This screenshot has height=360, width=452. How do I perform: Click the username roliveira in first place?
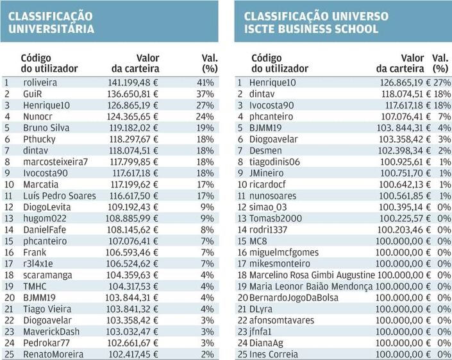[x=40, y=82]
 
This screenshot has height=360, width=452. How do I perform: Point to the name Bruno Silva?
[x=46, y=128]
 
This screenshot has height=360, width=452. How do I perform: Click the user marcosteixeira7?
[x=55, y=162]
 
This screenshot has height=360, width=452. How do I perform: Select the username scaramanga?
[x=47, y=275]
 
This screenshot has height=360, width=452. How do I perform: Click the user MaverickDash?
[x=52, y=331]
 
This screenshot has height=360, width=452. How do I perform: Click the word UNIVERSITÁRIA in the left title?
[x=51, y=29]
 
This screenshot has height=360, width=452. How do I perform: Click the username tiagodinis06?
[x=274, y=162]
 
